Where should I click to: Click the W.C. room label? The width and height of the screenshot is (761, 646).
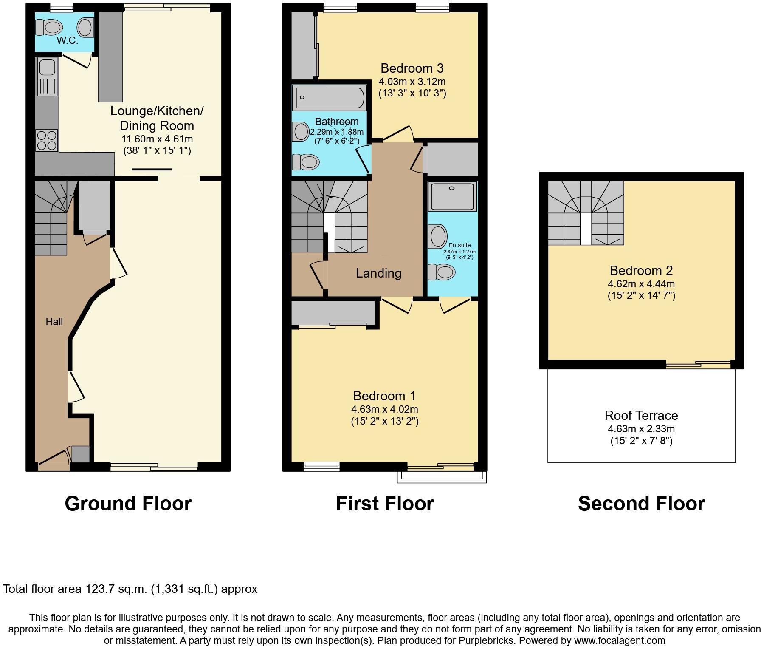[68, 41]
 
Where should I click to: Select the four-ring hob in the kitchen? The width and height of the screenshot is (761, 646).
[47, 141]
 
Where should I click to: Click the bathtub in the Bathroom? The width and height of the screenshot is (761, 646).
[329, 97]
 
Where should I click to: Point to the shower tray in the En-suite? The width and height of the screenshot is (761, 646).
[452, 196]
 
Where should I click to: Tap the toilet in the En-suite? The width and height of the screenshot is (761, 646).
[441, 272]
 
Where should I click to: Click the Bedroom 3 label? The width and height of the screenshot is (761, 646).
[412, 68]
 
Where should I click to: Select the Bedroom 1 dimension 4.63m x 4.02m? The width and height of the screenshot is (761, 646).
[384, 409]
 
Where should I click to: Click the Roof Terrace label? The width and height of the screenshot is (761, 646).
[641, 415]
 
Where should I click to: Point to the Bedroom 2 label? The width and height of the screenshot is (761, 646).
[641, 270]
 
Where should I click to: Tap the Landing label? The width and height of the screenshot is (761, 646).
[378, 273]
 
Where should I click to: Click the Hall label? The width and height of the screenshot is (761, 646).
[54, 322]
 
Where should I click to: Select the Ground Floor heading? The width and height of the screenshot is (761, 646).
[128, 503]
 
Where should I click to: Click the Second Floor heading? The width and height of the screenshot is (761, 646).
[641, 503]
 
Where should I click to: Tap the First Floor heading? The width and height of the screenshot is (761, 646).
[385, 503]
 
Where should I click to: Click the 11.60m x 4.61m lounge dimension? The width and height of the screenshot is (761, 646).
[157, 139]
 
